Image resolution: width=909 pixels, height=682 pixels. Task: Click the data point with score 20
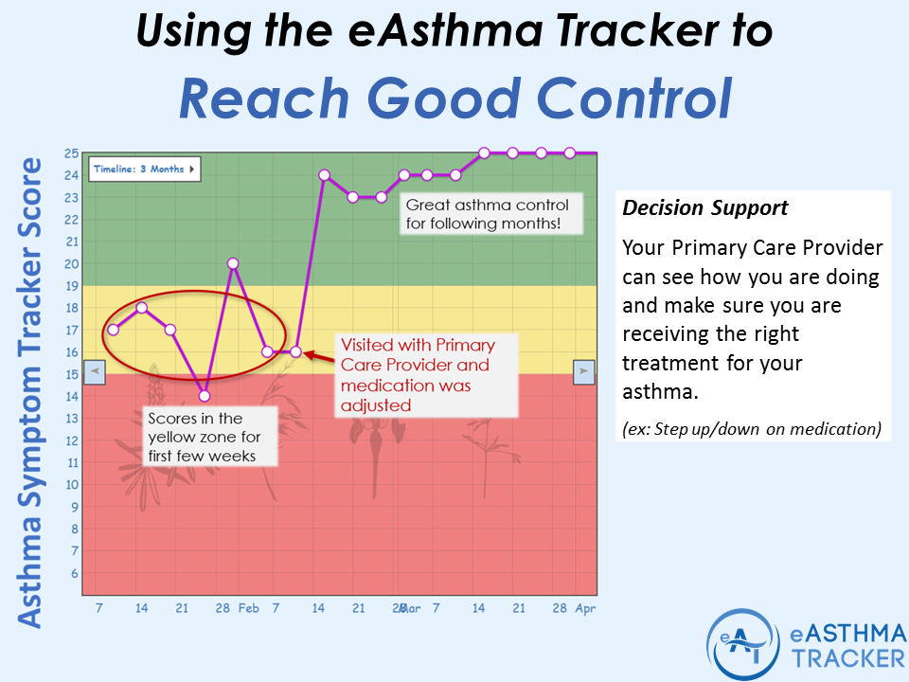pyautogui.click(x=232, y=263)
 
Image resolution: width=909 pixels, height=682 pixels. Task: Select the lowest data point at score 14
pyautogui.click(x=204, y=396)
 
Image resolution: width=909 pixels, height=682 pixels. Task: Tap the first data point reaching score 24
pyautogui.click(x=324, y=175)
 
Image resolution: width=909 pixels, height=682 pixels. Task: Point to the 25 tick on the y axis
pyautogui.click(x=71, y=153)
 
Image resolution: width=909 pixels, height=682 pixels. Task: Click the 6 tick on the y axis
pyautogui.click(x=74, y=574)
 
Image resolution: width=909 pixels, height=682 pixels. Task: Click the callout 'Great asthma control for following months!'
pyautogui.click(x=489, y=213)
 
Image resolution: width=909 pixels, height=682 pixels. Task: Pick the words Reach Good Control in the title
pyautogui.click(x=454, y=98)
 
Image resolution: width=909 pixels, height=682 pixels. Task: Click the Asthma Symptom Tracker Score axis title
pyautogui.click(x=31, y=390)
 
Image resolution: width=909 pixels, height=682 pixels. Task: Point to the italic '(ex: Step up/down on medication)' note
pyautogui.click(x=752, y=429)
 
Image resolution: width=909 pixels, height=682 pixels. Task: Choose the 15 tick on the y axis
pyautogui.click(x=71, y=374)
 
